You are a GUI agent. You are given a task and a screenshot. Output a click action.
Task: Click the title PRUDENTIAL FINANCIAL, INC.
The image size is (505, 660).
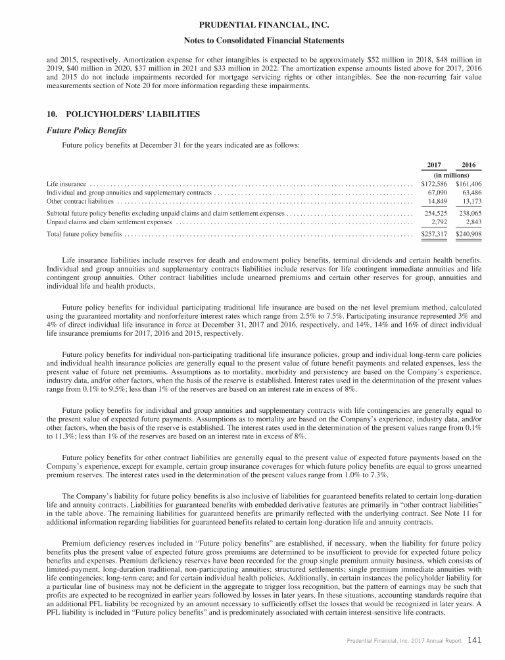coord(252,26)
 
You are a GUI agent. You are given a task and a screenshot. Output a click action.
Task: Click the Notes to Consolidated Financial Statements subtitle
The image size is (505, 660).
coord(252,41)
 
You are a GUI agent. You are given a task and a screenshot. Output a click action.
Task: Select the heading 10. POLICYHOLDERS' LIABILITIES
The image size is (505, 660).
coord(124,114)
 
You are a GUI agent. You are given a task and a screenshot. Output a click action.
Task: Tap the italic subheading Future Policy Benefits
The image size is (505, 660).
coord(84,130)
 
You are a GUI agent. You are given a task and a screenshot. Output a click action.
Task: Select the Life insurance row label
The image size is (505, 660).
coord(67,184)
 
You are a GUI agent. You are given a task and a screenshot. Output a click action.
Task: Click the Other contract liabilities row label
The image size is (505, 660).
coord(76,201)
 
